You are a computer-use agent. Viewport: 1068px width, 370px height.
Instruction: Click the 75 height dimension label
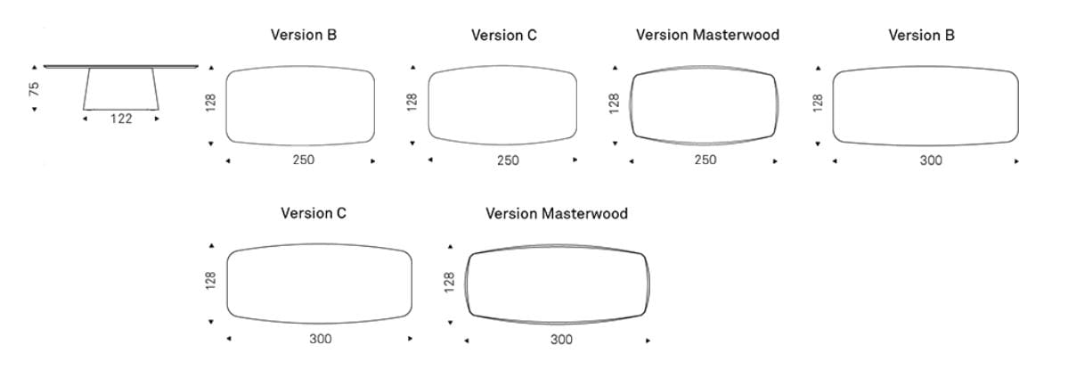coord(34,88)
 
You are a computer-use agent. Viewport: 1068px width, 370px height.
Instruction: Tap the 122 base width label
coord(121,119)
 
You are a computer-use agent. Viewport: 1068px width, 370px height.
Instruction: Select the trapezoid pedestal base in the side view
coord(121,88)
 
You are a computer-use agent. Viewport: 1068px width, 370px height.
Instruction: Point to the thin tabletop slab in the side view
coord(121,66)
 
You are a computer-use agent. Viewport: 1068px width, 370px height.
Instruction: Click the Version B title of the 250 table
coord(304,35)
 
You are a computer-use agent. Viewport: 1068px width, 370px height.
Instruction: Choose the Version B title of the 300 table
coord(922,35)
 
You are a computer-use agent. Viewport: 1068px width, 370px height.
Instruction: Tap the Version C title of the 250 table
coord(504,35)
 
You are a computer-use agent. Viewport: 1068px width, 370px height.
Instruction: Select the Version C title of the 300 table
coord(314,213)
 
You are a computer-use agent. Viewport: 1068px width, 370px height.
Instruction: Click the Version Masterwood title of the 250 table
coord(707,35)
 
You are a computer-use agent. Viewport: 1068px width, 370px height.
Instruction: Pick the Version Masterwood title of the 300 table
coord(557,214)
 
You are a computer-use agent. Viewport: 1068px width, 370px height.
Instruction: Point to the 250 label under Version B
coord(304,160)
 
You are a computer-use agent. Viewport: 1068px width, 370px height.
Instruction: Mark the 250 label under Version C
coord(508,160)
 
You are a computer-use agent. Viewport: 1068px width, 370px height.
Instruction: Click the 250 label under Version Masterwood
coord(705,160)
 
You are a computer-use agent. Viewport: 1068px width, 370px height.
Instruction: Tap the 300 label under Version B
coord(931,160)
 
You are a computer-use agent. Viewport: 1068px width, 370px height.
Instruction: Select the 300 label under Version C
coord(320,339)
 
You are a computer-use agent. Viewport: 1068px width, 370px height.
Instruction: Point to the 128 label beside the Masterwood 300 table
coord(449,282)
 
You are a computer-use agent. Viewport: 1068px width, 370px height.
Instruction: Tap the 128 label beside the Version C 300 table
coord(210,281)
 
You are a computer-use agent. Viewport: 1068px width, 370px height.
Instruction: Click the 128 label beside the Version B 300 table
coord(818,103)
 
